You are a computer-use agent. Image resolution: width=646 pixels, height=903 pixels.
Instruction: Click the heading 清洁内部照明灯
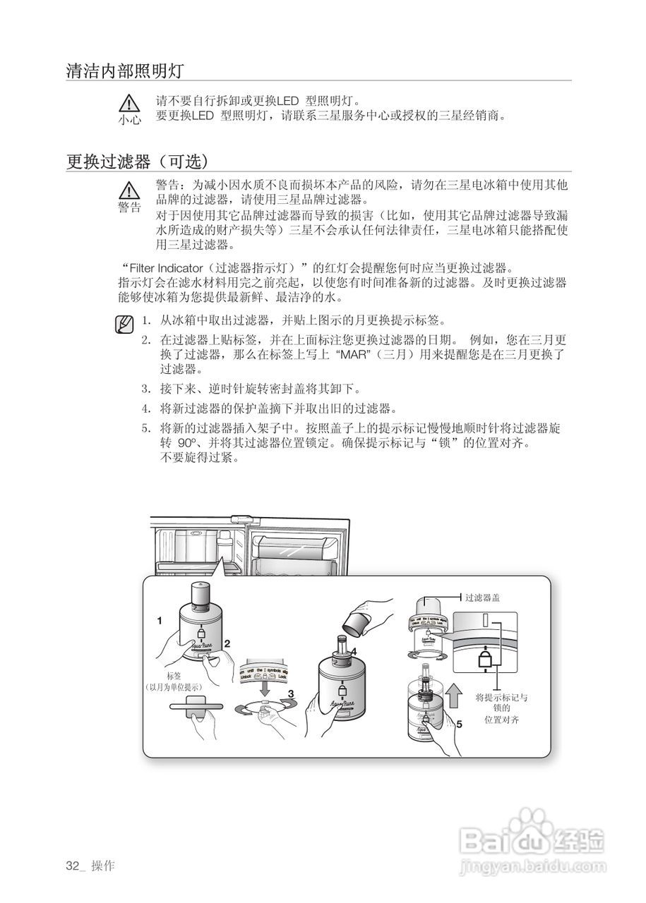click(x=125, y=71)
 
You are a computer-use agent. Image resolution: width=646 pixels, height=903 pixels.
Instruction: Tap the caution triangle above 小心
click(x=129, y=102)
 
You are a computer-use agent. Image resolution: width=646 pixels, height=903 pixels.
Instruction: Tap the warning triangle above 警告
click(x=128, y=190)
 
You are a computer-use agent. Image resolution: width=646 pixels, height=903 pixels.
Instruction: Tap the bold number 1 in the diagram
click(x=160, y=621)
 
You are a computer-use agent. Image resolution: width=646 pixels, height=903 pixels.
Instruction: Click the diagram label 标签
click(x=174, y=676)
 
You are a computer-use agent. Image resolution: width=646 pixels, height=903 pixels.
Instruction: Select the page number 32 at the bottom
click(x=72, y=866)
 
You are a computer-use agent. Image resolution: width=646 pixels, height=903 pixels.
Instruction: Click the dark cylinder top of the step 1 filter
click(x=200, y=596)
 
